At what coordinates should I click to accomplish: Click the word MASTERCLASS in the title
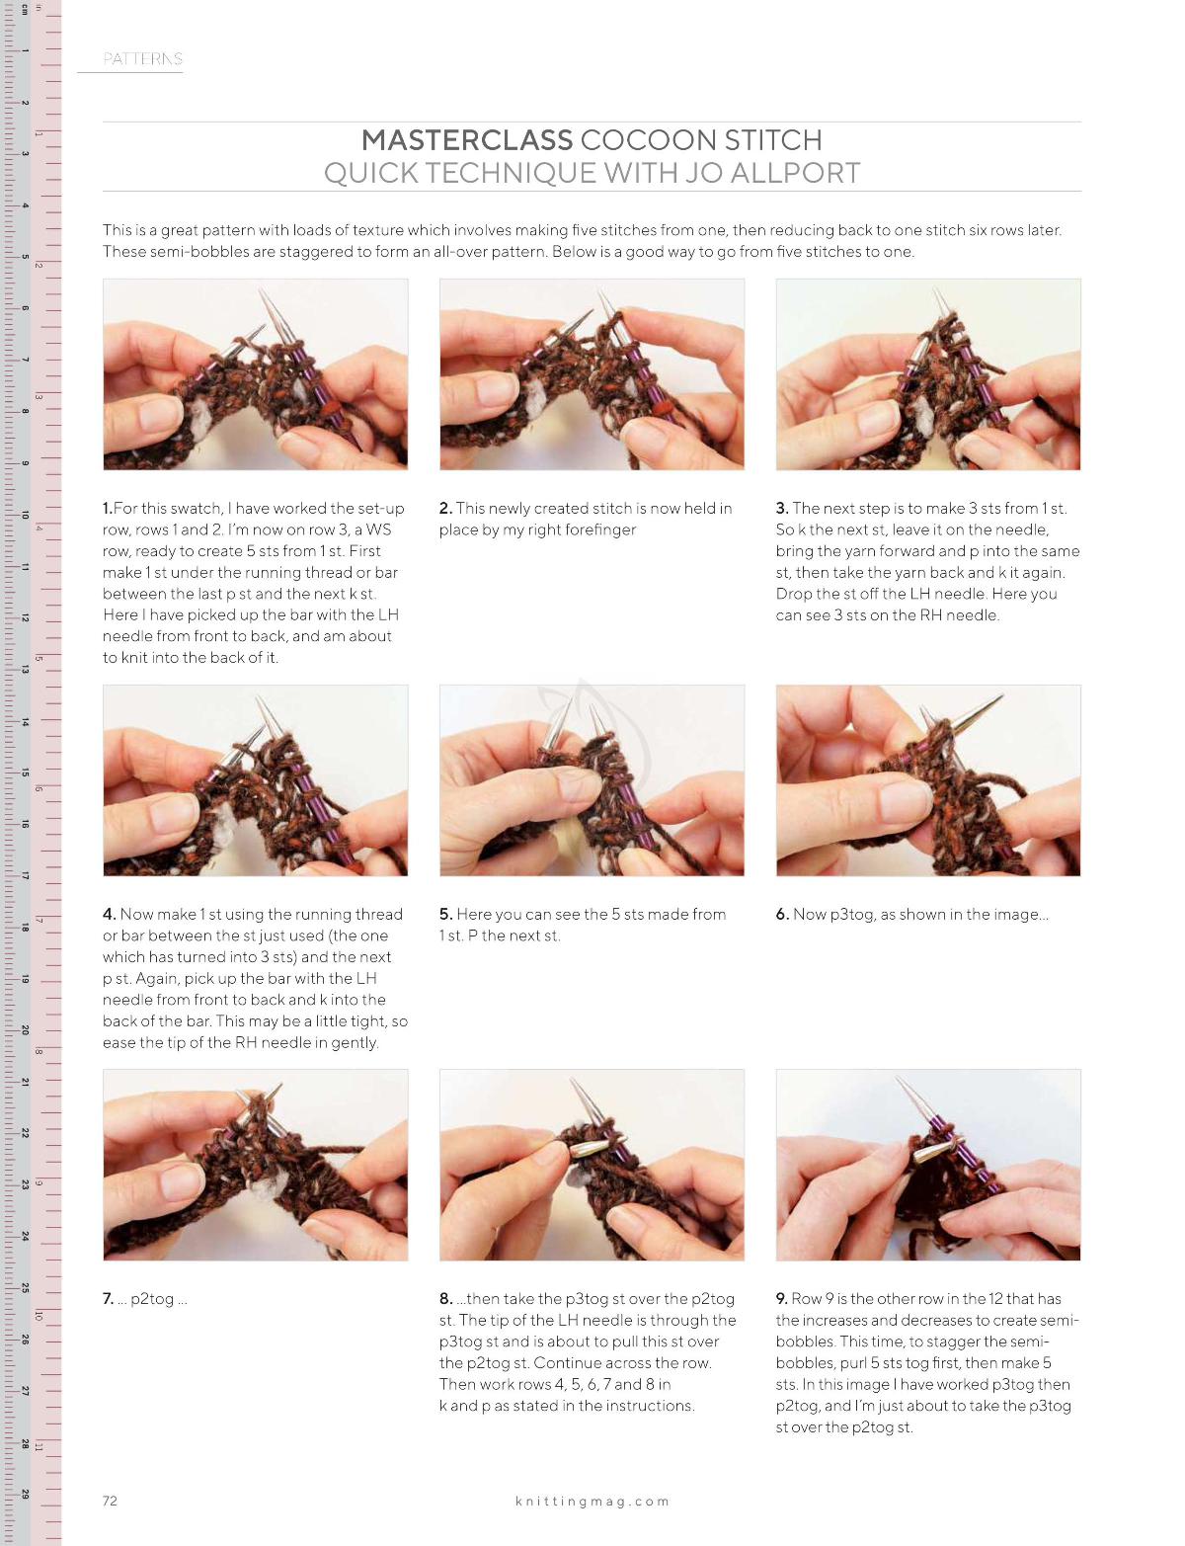(466, 140)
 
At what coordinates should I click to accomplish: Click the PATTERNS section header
(142, 59)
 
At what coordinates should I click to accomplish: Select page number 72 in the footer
(111, 1501)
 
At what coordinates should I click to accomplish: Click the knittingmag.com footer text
(592, 1501)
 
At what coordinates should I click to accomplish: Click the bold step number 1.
(108, 508)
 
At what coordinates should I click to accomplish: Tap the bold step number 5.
(445, 914)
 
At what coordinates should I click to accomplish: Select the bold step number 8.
(445, 1298)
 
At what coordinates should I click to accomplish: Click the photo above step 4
(256, 780)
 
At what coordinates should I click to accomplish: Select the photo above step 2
(592, 374)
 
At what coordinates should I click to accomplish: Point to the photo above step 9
(928, 1166)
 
